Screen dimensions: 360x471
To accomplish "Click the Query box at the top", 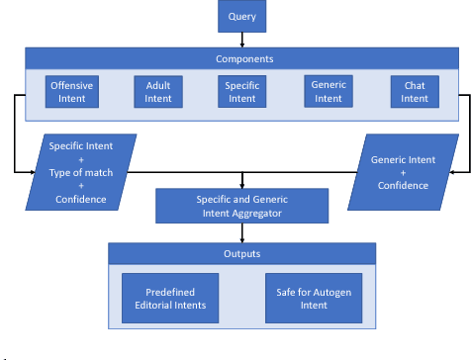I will coord(242,17).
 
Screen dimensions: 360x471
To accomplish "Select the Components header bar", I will coord(242,58).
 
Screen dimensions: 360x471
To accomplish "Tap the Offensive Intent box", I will coord(73,92).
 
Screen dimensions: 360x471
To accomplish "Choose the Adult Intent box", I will coord(158,92).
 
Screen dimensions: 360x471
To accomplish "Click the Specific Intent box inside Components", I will coord(242,92).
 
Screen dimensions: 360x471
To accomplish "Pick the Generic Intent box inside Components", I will coord(328,92).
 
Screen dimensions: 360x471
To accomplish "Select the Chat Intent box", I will coord(415,92).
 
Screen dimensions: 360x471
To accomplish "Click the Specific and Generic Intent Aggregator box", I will coord(242,207).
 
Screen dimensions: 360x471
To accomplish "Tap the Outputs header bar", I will coord(242,254).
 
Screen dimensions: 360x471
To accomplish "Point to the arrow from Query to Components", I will coord(242,40).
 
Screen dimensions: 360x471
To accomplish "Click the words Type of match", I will coord(81,173).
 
